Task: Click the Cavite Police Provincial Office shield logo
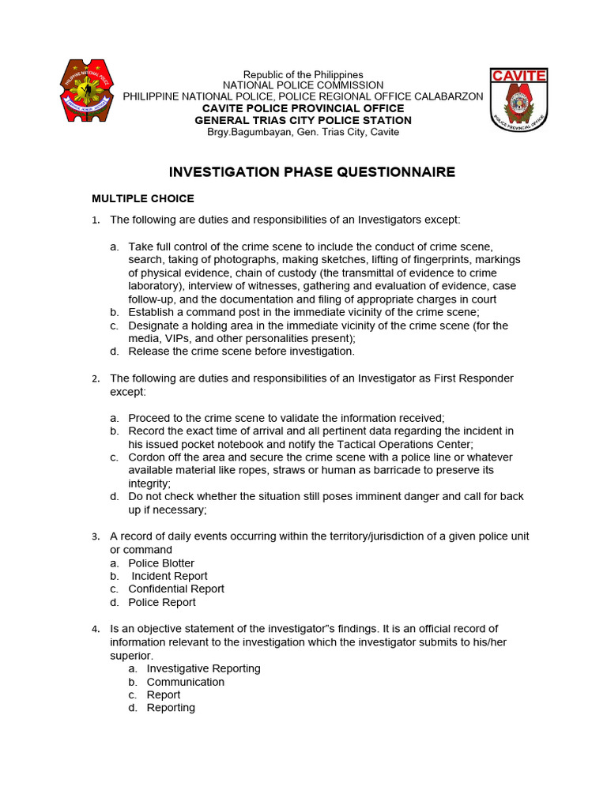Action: click(x=518, y=100)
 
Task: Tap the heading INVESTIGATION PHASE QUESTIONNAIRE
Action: click(x=313, y=172)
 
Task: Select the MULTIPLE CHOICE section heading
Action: click(x=142, y=198)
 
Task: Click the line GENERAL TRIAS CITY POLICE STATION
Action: click(x=303, y=120)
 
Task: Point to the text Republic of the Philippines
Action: click(x=303, y=74)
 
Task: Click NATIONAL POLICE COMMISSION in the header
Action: click(x=303, y=85)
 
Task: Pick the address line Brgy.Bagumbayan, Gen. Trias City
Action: click(x=303, y=132)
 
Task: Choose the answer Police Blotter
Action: click(x=161, y=563)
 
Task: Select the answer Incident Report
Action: click(x=169, y=576)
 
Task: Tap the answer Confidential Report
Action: click(x=176, y=589)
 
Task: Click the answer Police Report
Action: click(x=162, y=602)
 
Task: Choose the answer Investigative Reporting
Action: click(x=203, y=668)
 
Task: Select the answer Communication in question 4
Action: click(x=185, y=682)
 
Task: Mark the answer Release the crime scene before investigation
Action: click(x=241, y=351)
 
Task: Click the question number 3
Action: click(x=95, y=536)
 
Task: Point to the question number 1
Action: click(x=95, y=220)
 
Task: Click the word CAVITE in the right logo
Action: click(x=518, y=76)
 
